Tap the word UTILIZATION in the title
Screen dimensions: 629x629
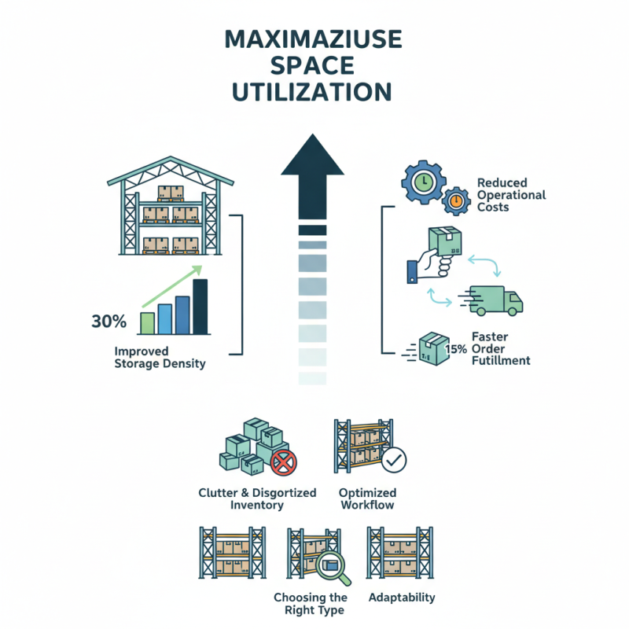(x=314, y=92)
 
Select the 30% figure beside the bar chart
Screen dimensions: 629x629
(x=109, y=321)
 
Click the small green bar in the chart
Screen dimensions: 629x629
(x=146, y=323)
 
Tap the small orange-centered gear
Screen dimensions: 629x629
(x=456, y=203)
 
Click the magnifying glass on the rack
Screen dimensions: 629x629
(x=330, y=565)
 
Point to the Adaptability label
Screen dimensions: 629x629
(x=401, y=598)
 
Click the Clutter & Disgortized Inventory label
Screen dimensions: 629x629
(x=257, y=498)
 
